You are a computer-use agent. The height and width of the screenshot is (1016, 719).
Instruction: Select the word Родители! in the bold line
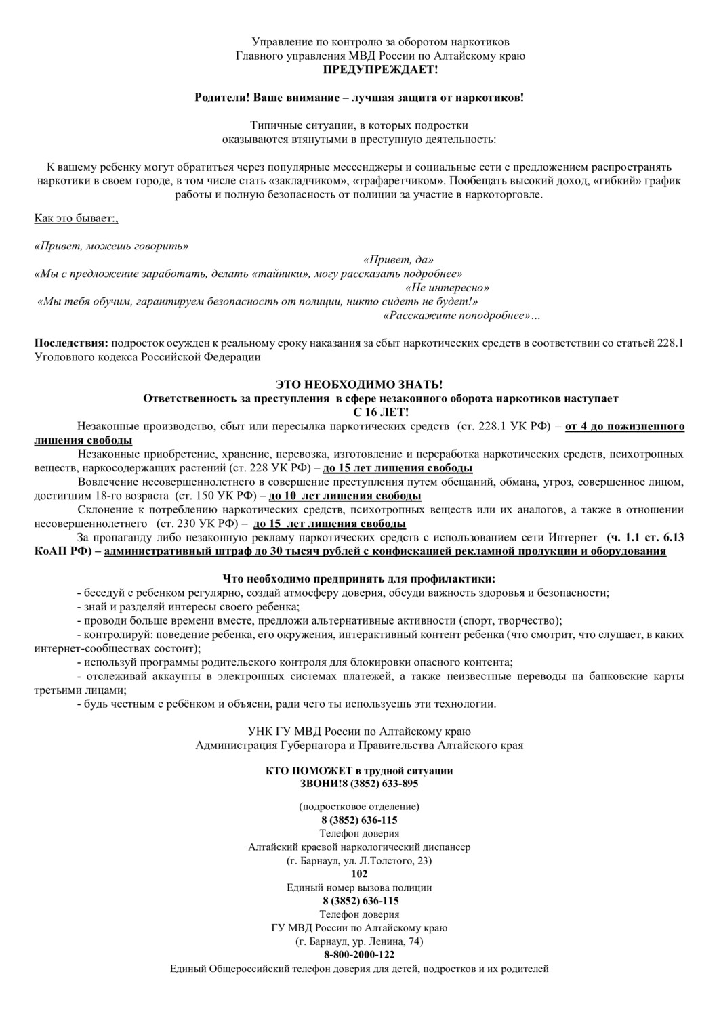point(220,98)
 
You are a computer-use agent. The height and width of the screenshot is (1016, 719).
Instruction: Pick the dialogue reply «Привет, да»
point(398,260)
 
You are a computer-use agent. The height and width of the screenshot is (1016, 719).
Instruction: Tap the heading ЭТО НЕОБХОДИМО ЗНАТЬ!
point(359,385)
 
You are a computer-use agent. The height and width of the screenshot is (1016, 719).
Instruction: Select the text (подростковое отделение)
point(359,807)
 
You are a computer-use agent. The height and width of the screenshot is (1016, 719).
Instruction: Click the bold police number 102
point(360,874)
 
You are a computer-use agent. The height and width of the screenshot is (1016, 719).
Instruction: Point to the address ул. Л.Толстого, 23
point(384,861)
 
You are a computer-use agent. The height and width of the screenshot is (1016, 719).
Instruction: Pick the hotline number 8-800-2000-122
point(359,955)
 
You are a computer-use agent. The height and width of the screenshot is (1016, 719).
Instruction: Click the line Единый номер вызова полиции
point(359,887)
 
